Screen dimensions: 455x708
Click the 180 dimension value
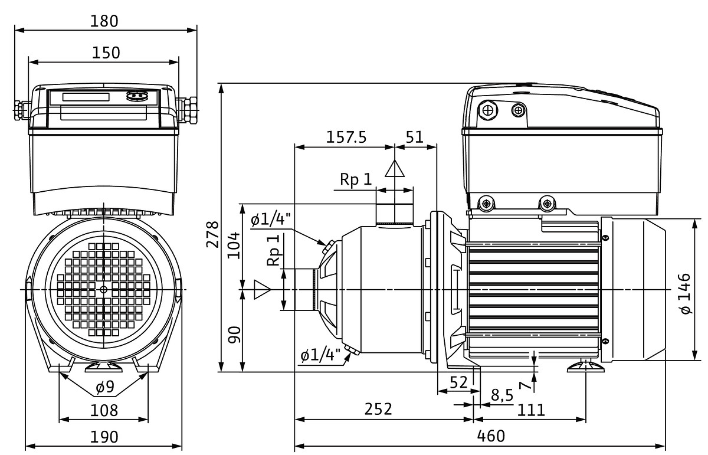coord(106,21)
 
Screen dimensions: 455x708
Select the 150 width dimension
coord(106,53)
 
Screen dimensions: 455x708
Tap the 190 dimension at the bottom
coord(104,437)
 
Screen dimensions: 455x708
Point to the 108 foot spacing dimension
coord(104,410)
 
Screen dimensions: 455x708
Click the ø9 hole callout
coord(104,388)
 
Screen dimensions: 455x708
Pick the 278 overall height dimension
coord(212,235)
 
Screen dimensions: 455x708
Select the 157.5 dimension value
coord(346,137)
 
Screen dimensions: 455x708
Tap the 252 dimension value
coord(378,409)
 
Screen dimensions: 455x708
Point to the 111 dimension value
coord(531,409)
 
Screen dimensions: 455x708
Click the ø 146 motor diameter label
coord(684,293)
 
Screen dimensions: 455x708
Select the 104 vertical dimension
coord(234,242)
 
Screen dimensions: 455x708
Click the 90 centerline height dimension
coord(234,335)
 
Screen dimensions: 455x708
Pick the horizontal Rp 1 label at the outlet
coord(356,179)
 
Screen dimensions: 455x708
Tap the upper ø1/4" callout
coord(271,221)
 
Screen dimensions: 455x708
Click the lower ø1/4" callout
coord(321,356)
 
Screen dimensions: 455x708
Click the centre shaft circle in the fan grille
coord(104,289)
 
